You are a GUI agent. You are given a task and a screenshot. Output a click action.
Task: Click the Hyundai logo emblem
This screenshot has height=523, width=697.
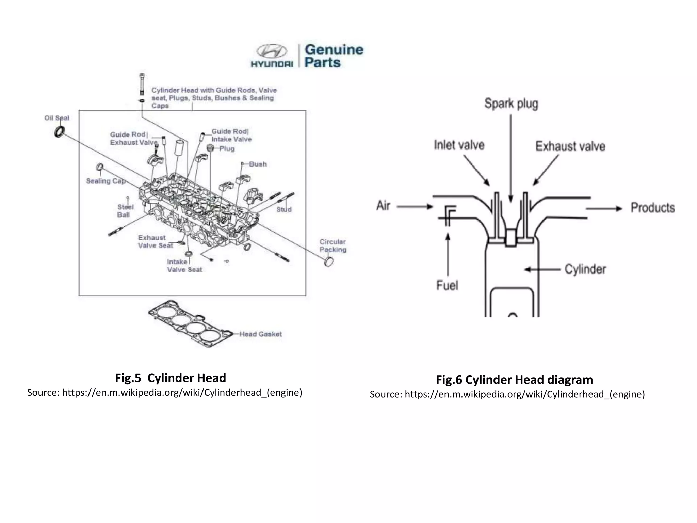click(272, 52)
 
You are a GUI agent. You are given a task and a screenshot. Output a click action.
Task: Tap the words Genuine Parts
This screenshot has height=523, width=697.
click(334, 56)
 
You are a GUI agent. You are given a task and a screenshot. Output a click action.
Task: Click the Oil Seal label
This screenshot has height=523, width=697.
click(56, 118)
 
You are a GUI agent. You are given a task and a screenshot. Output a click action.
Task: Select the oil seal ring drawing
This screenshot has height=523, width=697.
click(60, 131)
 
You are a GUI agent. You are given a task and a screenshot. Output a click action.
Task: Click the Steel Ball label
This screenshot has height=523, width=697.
click(125, 211)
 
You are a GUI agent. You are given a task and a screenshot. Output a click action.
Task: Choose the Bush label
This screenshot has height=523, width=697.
click(258, 164)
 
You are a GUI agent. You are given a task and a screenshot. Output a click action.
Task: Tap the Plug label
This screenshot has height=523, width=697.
click(227, 149)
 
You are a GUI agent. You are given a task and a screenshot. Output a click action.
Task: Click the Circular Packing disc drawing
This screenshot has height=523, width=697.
click(328, 262)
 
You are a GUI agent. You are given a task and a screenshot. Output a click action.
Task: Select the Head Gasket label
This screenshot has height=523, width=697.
click(260, 334)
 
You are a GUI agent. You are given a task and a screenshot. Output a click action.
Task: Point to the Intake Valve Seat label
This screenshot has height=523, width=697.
click(184, 266)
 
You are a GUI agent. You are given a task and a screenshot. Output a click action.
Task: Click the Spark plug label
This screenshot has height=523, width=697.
click(511, 104)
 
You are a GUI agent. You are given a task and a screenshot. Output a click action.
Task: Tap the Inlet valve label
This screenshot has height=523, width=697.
click(459, 145)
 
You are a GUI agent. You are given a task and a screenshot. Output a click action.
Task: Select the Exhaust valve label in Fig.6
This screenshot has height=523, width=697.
click(570, 146)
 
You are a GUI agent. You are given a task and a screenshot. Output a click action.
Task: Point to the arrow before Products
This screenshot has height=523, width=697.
click(604, 208)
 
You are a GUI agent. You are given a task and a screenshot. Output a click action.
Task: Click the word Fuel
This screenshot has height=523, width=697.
click(447, 285)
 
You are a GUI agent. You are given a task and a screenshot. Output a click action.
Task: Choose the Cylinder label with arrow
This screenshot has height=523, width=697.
click(585, 269)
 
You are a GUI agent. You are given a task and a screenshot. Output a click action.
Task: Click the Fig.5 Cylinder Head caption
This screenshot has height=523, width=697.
click(170, 378)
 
